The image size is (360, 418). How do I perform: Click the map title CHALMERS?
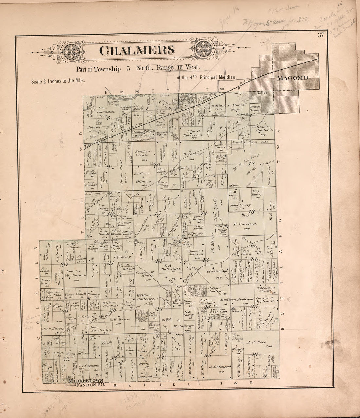coord(136,50)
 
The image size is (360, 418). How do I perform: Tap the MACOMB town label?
coord(293,78)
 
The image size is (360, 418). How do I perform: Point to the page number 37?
coord(320,35)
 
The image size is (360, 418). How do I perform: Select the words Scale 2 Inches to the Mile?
coord(58,81)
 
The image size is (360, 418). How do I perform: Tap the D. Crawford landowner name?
coord(245,224)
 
